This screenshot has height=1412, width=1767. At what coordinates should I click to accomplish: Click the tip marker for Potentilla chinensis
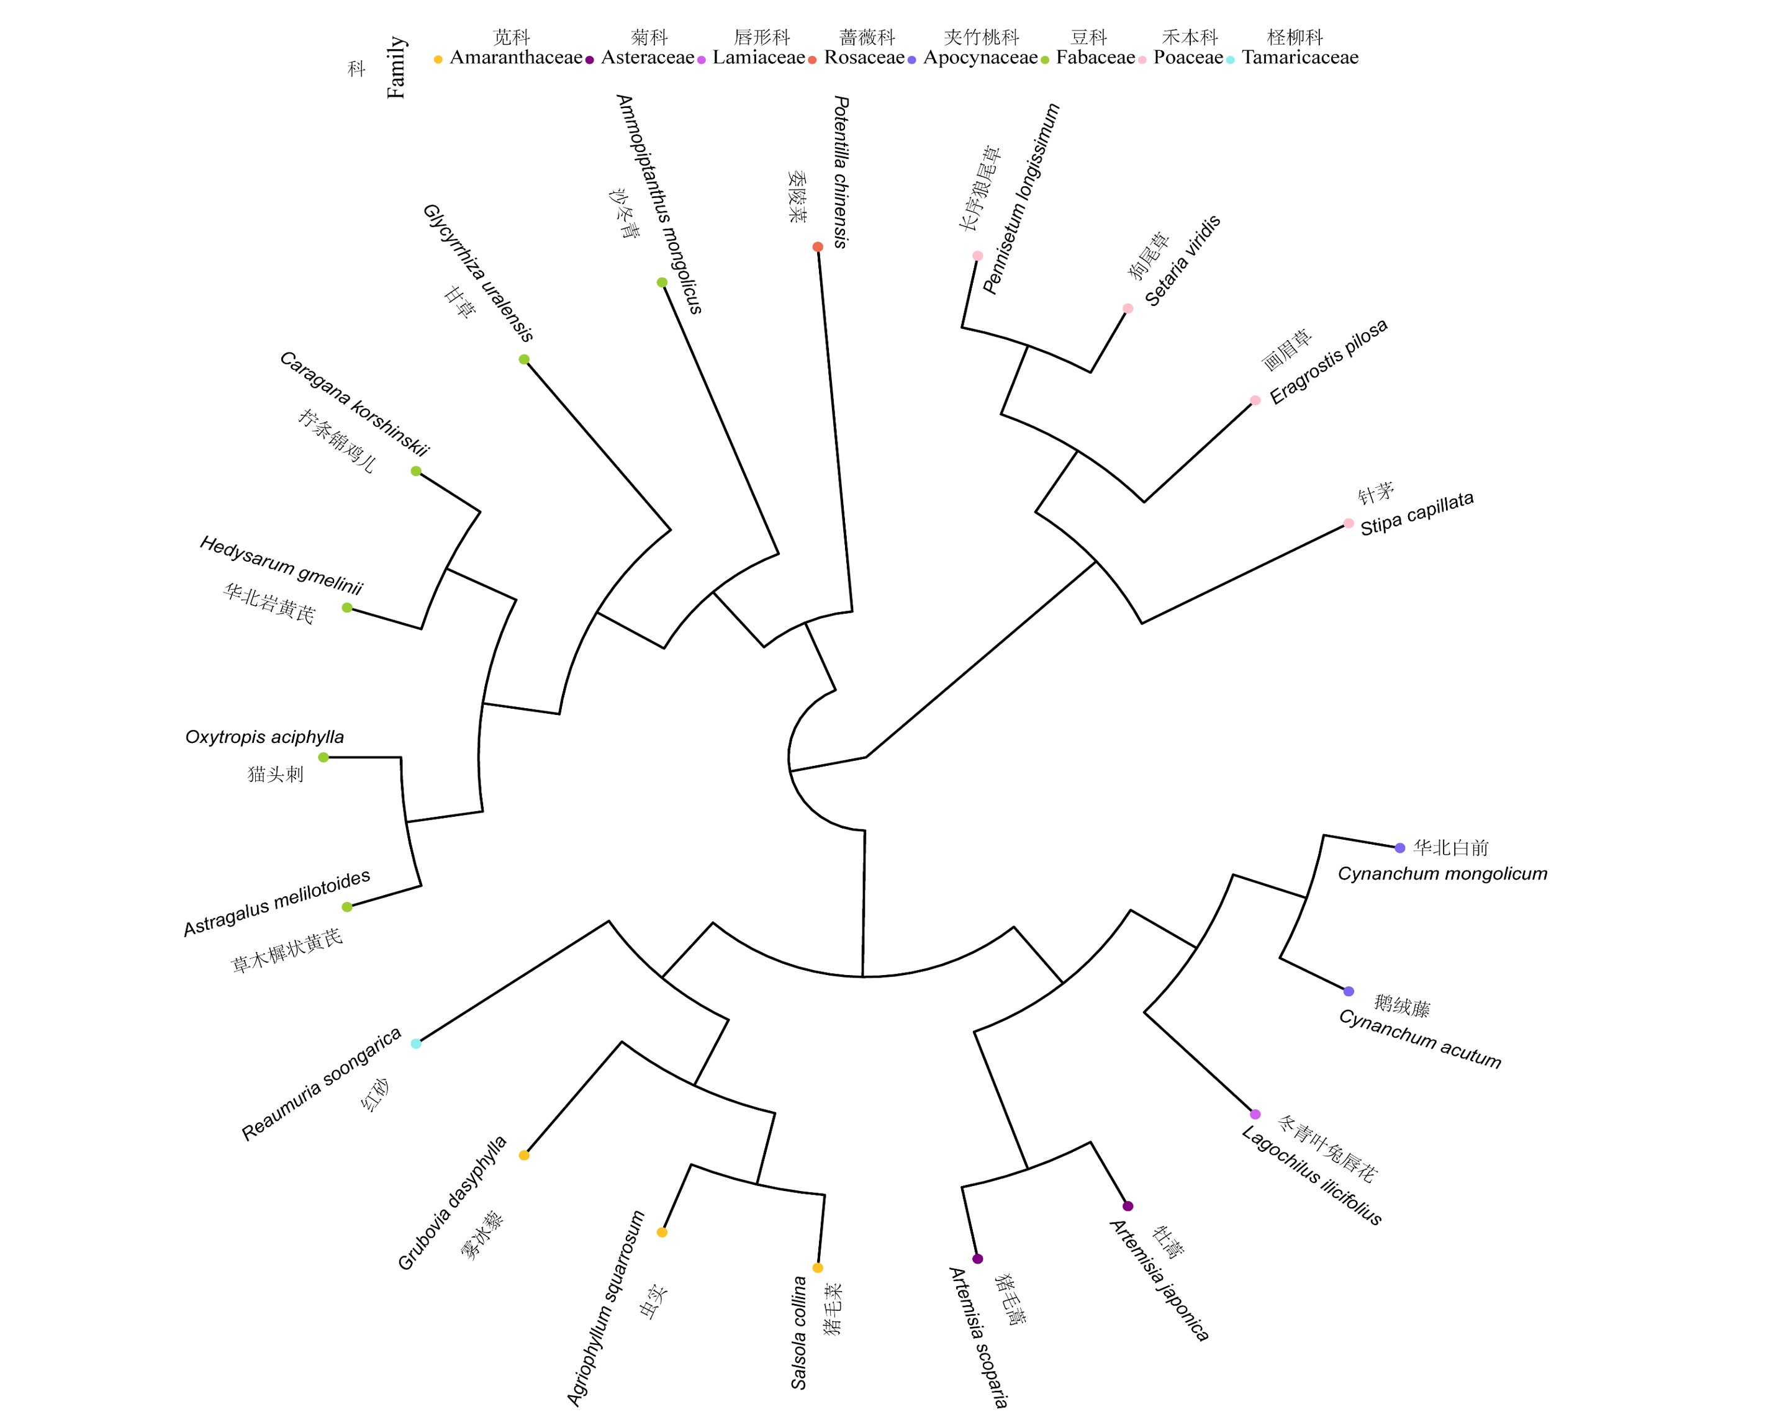pos(817,246)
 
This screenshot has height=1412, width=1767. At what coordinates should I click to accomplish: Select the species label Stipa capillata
pos(1416,514)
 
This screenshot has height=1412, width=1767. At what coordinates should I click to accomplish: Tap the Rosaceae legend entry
pos(864,57)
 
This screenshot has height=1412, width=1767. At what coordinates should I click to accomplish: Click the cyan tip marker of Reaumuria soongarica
pos(415,1043)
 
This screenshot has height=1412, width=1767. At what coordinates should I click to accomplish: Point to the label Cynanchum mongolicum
pos(1442,874)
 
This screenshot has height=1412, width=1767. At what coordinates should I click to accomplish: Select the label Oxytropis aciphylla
pos(264,737)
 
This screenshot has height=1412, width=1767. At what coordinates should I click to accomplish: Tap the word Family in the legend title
pos(396,67)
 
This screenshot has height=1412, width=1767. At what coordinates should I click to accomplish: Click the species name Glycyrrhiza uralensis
pos(478,273)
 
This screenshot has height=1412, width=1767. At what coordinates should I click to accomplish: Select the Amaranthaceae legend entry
pos(515,57)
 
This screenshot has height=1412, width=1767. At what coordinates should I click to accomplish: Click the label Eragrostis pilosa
pos(1327,361)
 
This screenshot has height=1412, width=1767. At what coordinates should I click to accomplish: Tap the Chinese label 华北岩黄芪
pos(269,603)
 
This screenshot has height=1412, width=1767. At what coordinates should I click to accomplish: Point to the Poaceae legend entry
pos(1188,57)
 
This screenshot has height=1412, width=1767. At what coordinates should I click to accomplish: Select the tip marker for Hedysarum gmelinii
pos(346,607)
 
